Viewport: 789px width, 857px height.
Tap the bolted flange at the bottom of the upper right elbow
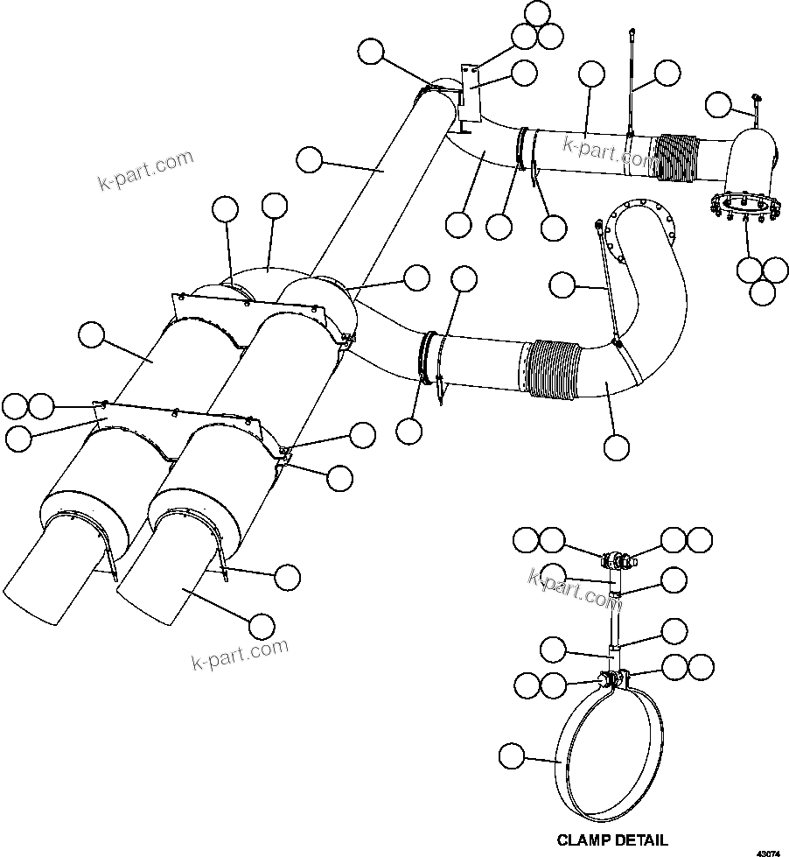[x=744, y=207]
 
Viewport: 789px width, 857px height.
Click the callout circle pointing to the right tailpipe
[x=261, y=625]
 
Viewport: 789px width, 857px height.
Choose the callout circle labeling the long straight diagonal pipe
[x=310, y=160]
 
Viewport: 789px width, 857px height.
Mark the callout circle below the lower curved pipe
[x=616, y=446]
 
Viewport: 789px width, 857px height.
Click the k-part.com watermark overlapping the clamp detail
[x=574, y=587]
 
